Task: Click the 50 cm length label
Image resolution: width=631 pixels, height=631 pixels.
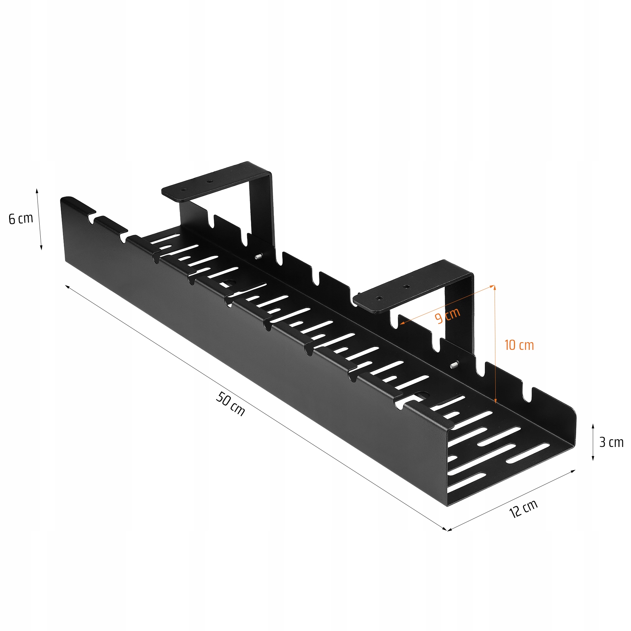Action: click(230, 403)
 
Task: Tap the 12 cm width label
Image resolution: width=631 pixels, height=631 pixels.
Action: click(523, 509)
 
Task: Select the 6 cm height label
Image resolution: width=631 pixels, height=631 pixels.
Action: click(21, 219)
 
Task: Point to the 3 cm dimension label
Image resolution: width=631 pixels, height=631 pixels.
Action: click(611, 442)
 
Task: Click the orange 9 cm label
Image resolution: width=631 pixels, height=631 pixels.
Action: click(447, 315)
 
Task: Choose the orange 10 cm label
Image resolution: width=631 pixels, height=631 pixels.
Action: click(519, 345)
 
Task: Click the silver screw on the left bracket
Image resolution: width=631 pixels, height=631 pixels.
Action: click(259, 257)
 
